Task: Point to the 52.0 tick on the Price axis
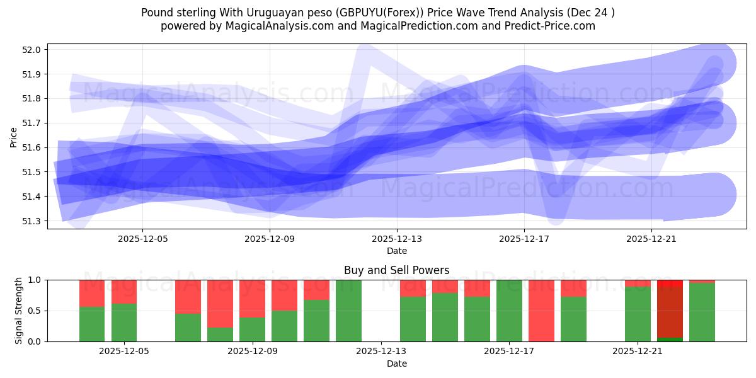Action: pos(32,50)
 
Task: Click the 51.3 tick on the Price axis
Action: pos(32,221)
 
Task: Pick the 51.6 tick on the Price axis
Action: pos(32,147)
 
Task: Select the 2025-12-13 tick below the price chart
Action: pos(397,239)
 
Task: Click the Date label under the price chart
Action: pos(397,251)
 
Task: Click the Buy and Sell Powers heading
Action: pos(397,270)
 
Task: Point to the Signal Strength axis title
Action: pos(19,311)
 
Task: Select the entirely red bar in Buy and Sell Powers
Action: pos(541,311)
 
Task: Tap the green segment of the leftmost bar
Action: pos(92,324)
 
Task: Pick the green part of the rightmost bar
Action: pos(702,312)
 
